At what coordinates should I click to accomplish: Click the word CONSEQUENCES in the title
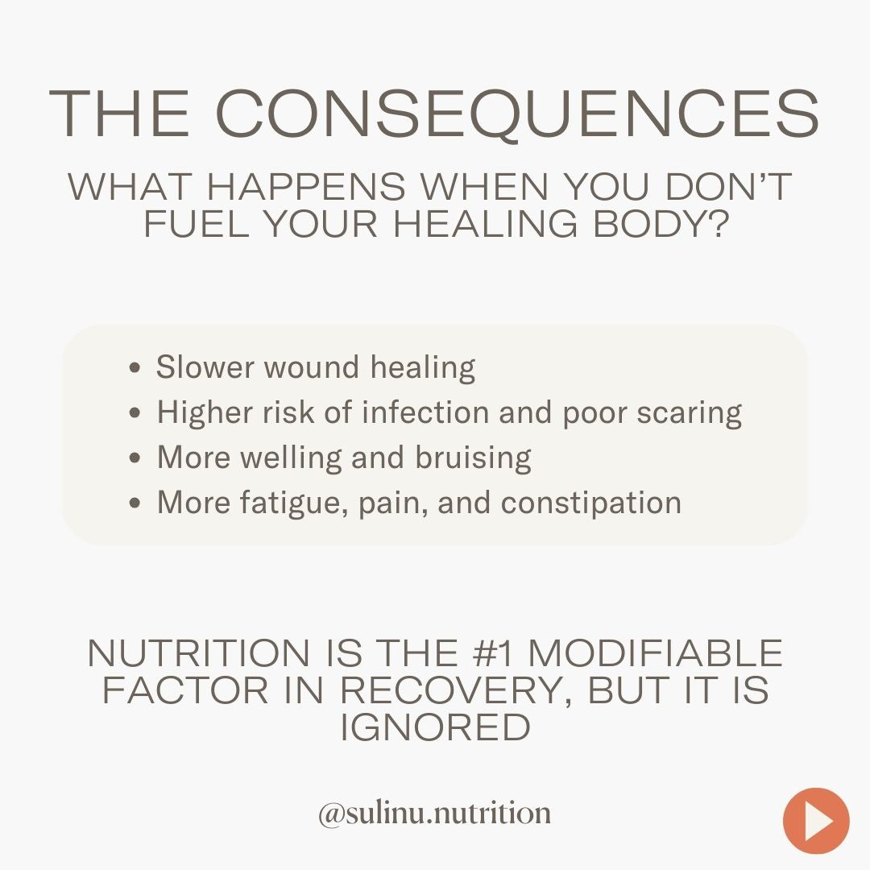pyautogui.click(x=516, y=114)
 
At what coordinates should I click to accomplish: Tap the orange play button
pyautogui.click(x=816, y=821)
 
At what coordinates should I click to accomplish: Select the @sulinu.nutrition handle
pyautogui.click(x=434, y=813)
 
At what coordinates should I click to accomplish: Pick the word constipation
pyautogui.click(x=591, y=503)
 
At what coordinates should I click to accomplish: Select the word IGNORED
pyautogui.click(x=435, y=727)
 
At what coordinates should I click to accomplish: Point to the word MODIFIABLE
pyautogui.click(x=655, y=652)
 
